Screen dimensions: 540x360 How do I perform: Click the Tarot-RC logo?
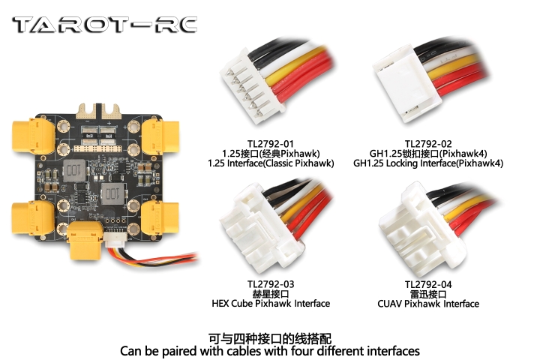pos(104,25)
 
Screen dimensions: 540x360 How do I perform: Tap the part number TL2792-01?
pos(270,144)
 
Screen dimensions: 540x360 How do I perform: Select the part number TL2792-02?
pos(428,144)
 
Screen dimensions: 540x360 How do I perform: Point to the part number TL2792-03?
pos(271,284)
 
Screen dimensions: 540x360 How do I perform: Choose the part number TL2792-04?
pos(428,284)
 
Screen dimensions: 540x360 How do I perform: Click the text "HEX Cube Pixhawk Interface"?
pos(271,304)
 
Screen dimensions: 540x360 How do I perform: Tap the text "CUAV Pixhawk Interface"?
pos(428,304)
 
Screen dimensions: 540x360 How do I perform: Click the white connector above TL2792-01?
pos(253,86)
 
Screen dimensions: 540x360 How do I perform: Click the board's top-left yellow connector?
pos(34,136)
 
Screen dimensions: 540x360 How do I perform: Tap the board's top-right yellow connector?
pos(160,136)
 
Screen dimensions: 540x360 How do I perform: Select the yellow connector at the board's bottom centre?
pos(85,240)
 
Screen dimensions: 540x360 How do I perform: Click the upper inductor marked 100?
pos(73,170)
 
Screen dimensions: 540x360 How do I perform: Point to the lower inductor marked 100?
pos(112,193)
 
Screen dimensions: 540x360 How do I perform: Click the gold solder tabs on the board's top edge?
pos(100,110)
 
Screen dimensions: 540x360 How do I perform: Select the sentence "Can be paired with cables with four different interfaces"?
pos(270,352)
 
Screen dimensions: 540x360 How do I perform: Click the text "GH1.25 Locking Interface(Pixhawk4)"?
pos(428,163)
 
